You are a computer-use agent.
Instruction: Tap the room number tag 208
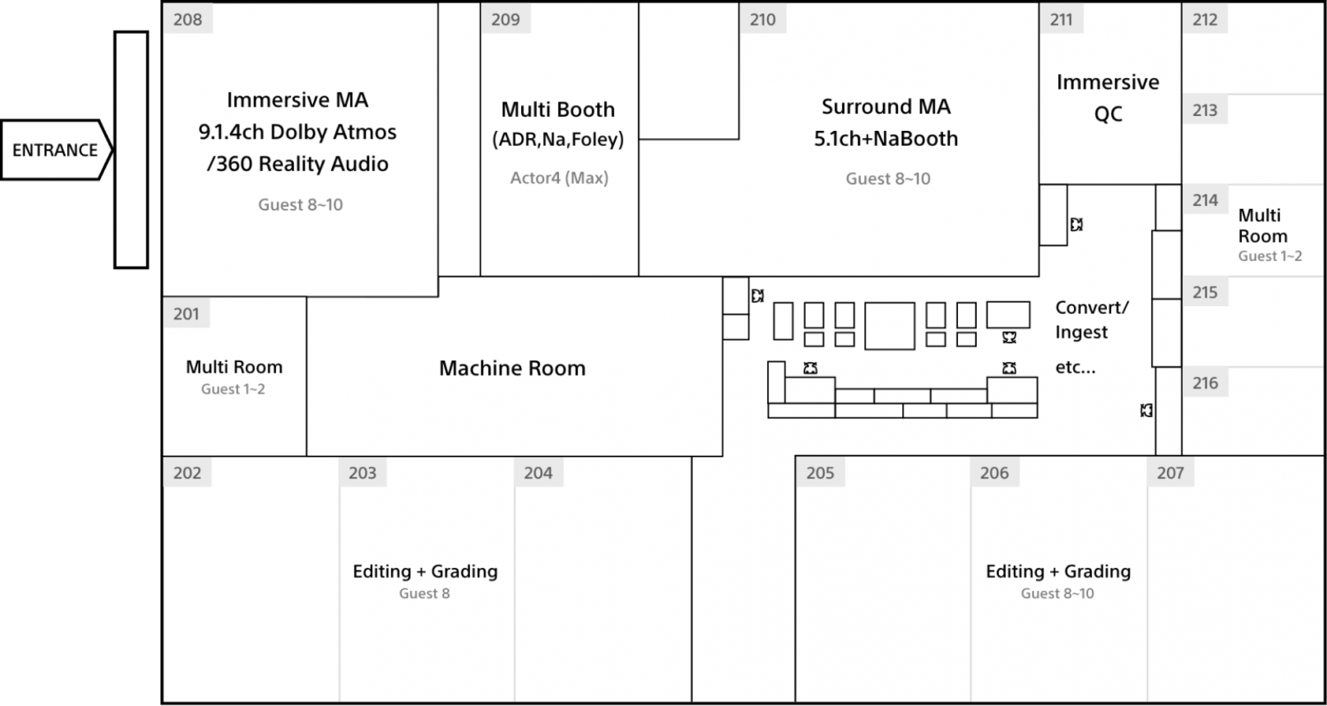tap(188, 19)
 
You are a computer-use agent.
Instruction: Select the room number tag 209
tap(505, 19)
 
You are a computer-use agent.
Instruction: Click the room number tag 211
tap(1061, 19)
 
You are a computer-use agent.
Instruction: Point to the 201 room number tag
tap(187, 313)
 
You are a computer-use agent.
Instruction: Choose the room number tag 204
tap(538, 472)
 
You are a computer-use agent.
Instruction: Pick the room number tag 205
tap(820, 472)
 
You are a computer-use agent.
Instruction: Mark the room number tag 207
tap(1170, 472)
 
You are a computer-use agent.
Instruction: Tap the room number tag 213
tap(1205, 111)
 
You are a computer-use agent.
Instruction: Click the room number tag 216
tap(1206, 382)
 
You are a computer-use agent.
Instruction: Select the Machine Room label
tap(512, 368)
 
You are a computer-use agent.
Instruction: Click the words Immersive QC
tap(1108, 97)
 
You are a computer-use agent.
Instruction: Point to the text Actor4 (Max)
tap(559, 178)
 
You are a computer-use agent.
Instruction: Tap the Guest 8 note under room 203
tap(424, 594)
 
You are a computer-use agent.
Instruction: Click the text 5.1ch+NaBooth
tap(886, 139)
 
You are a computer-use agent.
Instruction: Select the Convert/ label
tap(1093, 308)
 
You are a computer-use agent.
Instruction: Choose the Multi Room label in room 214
tap(1262, 226)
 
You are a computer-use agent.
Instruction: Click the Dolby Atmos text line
tap(297, 132)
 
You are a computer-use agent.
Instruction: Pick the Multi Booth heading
tap(558, 110)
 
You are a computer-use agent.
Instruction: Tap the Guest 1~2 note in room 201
tap(233, 389)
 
